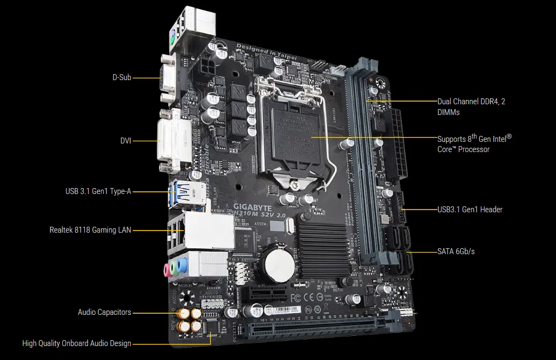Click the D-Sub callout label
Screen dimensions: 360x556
tap(121, 77)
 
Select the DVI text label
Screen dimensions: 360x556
tap(126, 141)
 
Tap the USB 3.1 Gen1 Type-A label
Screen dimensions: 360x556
tap(97, 191)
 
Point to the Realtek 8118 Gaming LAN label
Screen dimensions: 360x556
tap(90, 230)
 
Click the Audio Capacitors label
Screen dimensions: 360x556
tap(104, 312)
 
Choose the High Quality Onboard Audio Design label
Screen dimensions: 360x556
tap(76, 343)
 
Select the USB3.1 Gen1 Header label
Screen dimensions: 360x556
tap(470, 209)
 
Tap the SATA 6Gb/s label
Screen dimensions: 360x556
tap(456, 251)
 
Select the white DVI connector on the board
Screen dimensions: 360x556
tap(171, 141)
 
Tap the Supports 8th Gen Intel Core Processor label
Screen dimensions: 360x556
tap(474, 143)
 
